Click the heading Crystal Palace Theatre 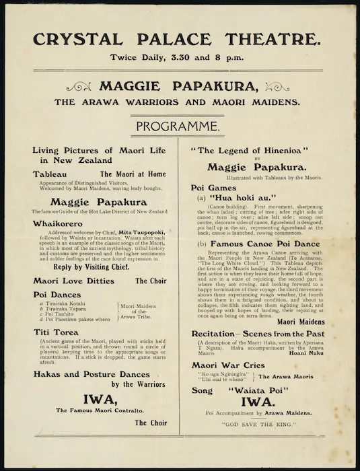point(180,40)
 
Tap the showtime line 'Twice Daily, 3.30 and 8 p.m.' point(180,58)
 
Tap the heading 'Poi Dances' point(57,295)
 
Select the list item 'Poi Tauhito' point(61,314)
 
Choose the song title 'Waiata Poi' point(269,389)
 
